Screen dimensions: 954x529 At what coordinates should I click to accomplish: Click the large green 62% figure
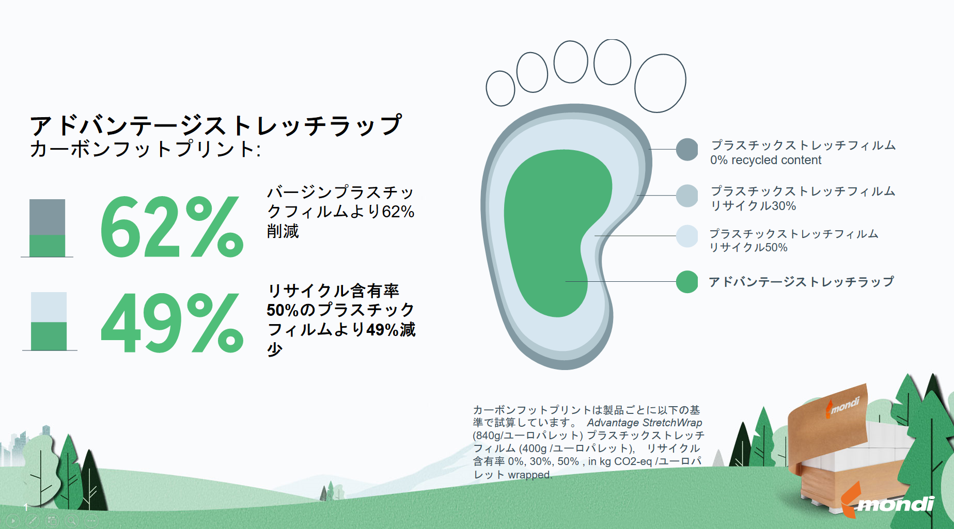172,227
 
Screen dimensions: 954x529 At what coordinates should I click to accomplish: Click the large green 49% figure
172,323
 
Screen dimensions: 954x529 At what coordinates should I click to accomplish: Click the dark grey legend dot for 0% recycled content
687,150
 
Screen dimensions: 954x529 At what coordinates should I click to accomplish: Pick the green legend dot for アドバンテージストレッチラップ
687,282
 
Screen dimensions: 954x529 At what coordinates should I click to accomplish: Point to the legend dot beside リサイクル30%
687,196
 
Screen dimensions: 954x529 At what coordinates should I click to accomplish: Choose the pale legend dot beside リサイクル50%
687,236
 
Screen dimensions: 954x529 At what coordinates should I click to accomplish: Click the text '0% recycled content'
765,161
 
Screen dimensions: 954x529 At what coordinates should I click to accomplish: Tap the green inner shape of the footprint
553,227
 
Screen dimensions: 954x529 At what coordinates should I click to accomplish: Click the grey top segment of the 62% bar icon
48,217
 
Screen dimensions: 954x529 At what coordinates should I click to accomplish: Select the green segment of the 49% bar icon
49,336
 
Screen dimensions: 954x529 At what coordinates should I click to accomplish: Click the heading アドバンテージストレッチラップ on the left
216,125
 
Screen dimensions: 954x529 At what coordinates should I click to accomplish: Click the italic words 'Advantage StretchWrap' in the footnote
644,423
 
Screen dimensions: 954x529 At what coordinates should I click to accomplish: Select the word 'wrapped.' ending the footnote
530,475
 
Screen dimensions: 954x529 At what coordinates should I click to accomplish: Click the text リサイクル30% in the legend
753,206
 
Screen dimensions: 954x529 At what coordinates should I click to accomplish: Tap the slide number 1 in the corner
25,507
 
